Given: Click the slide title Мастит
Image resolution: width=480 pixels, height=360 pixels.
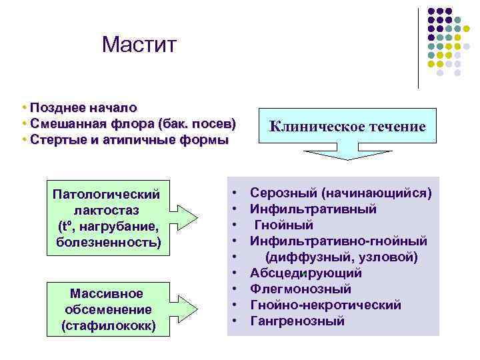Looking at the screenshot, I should tap(139, 45).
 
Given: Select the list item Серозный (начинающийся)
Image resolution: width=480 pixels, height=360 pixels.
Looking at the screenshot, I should tap(341, 193).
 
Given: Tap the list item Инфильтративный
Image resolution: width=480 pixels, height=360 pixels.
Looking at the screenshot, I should tap(313, 209).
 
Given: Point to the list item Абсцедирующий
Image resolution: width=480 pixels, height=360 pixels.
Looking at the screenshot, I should tap(306, 273).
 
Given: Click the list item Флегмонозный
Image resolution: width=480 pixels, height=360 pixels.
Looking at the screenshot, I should tap(301, 289).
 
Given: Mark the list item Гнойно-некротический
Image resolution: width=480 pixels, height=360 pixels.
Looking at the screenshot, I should tap(325, 305).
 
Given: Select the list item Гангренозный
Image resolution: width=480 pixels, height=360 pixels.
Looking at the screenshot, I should tap(297, 321).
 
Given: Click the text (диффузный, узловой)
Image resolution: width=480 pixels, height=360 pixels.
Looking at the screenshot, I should tap(341, 257).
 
